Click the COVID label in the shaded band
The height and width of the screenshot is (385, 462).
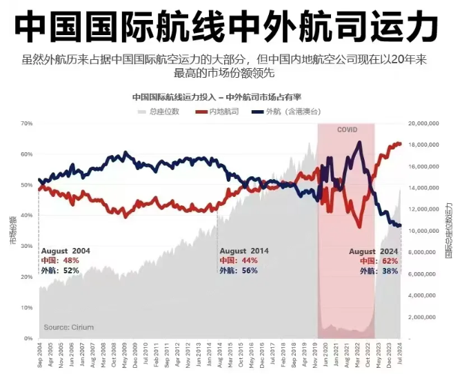pyautogui.click(x=347, y=129)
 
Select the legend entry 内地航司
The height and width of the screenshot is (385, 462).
pyautogui.click(x=223, y=111)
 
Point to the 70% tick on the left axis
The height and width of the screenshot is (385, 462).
pyautogui.click(x=27, y=123)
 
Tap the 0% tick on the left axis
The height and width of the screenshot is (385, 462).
pyautogui.click(x=28, y=338)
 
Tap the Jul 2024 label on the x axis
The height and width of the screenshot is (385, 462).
pyautogui.click(x=400, y=358)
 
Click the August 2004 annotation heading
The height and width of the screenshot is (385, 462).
pyautogui.click(x=66, y=251)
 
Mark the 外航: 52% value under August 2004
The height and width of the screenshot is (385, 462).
pyautogui.click(x=61, y=271)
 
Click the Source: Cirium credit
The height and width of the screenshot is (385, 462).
pyautogui.click(x=68, y=327)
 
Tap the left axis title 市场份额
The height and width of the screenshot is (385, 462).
pyautogui.click(x=12, y=231)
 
